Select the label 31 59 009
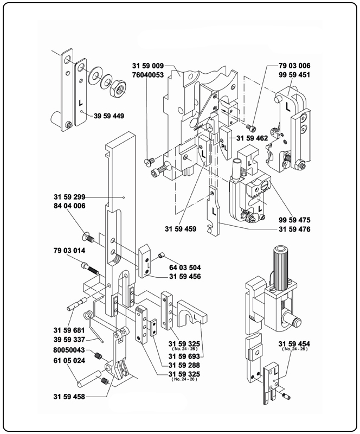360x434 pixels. [147, 66]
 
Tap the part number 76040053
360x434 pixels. [147, 74]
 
